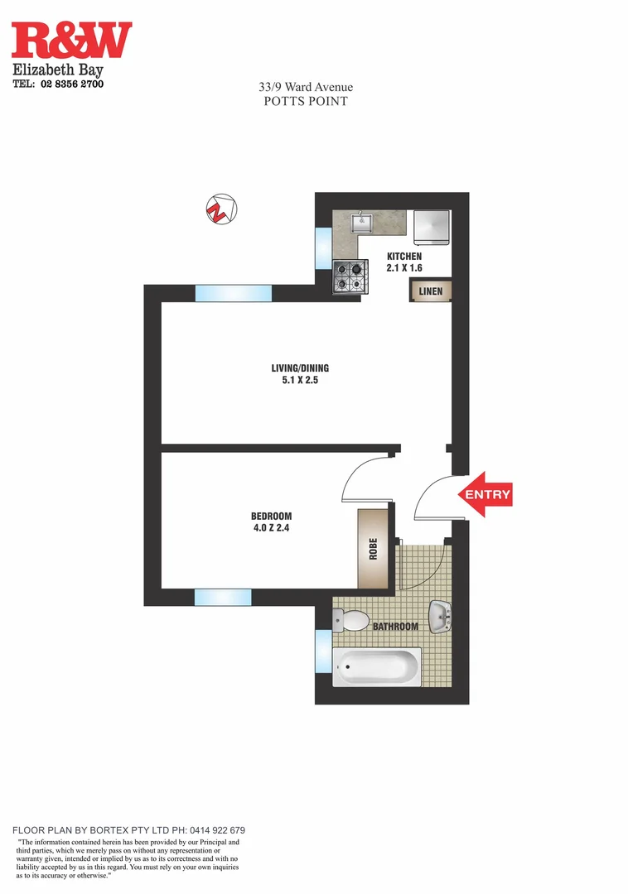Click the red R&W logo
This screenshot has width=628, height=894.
pos(71,41)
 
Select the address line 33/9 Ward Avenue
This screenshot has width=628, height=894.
pos(305,87)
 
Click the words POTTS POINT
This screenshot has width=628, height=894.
pos(305,102)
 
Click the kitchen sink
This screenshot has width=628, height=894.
pos(363,222)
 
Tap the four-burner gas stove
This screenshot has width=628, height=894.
pos(350,276)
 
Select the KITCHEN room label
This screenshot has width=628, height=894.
pos(404,257)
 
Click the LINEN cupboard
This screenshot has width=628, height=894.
pos(430,291)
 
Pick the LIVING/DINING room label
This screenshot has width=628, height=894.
pos(306,368)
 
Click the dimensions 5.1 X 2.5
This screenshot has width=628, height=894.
pos(306,382)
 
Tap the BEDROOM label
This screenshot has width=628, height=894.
pos(271,517)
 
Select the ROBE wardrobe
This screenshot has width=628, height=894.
pos(374,549)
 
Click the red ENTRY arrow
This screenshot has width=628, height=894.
pos(485,495)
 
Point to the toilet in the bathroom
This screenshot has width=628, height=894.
pos(352,621)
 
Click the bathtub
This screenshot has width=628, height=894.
pos(377,666)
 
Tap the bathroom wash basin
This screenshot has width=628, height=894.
pos(440,614)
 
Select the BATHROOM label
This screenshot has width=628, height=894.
pos(395,627)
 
